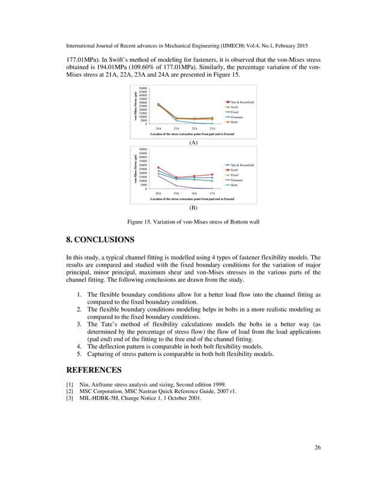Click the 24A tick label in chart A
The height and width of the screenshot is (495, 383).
click(158, 128)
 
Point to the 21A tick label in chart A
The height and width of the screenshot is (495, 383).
click(212, 128)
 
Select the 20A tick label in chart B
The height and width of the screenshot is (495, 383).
click(158, 194)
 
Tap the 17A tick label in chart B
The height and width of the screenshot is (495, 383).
click(212, 194)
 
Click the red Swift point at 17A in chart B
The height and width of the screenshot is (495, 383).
click(212, 174)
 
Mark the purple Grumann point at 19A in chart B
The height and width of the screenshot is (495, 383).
click(176, 186)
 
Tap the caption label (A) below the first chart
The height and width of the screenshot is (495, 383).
click(193, 144)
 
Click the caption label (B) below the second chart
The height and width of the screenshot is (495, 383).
click(193, 207)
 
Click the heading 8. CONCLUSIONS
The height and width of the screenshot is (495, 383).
click(100, 240)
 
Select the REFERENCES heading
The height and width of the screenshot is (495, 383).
click(94, 370)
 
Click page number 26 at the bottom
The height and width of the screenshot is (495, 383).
click(317, 463)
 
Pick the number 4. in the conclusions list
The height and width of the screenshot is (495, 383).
click(79, 346)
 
